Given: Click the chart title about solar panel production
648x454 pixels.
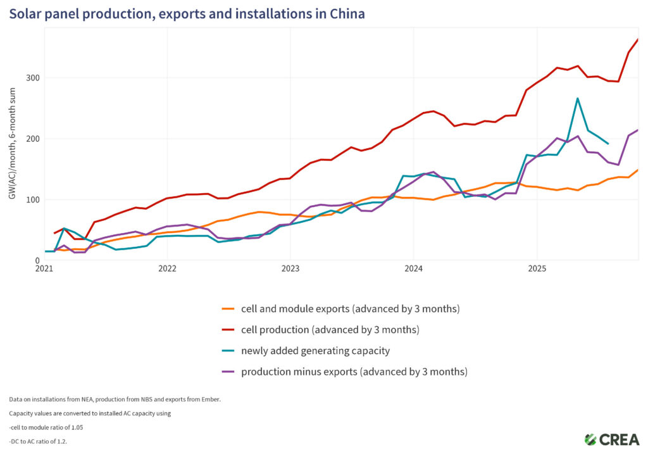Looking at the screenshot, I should tap(187, 13).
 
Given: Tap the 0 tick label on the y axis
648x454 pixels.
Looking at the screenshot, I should tap(35, 260).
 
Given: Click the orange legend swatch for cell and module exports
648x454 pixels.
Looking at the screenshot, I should tap(228, 309).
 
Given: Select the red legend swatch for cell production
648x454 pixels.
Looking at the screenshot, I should tap(228, 330).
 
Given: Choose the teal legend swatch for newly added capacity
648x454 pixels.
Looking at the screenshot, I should tap(228, 351).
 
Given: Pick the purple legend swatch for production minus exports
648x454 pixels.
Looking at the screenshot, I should tap(228, 372).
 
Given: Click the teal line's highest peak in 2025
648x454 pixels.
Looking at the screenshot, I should tap(577, 98).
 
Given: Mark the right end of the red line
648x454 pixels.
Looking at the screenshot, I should tap(637, 39).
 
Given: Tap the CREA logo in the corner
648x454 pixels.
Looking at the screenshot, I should tap(612, 439).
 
